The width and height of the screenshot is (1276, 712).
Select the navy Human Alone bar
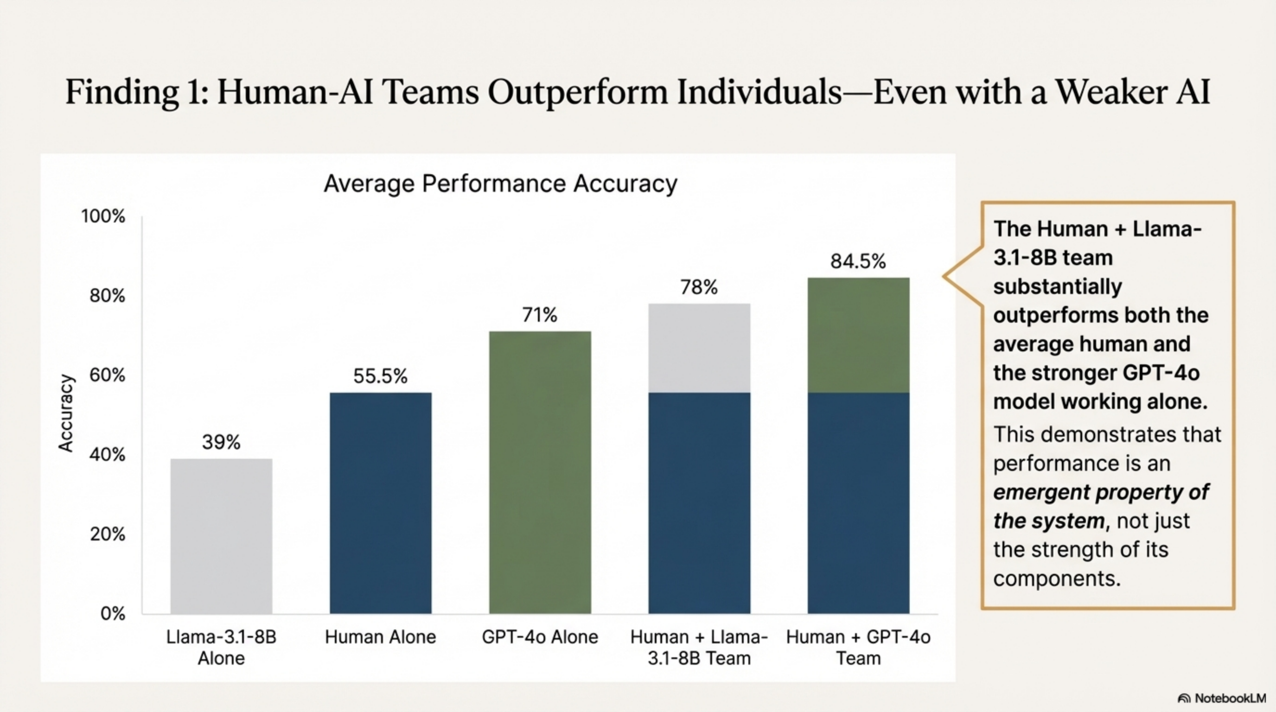(x=380, y=502)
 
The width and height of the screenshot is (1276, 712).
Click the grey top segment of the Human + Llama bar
(x=699, y=348)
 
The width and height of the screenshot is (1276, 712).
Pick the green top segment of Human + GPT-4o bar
(x=858, y=335)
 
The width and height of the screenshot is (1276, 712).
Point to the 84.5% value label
(x=858, y=261)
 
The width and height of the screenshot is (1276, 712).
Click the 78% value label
(x=698, y=287)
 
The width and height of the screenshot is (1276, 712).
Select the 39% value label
(x=221, y=442)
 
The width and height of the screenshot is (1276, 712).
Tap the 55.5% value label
(x=380, y=376)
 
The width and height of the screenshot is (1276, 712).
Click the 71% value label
(x=539, y=315)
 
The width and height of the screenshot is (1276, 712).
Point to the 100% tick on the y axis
(x=103, y=216)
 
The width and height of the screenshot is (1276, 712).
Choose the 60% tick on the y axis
(x=107, y=375)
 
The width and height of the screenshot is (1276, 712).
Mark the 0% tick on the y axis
(x=113, y=614)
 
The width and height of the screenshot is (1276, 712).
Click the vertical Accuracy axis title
(x=66, y=413)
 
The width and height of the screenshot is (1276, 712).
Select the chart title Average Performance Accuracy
(x=500, y=184)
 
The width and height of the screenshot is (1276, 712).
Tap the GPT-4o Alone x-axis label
(x=540, y=637)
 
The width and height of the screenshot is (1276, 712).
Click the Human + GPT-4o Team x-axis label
(x=858, y=647)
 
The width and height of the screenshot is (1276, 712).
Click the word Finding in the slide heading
(x=122, y=92)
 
